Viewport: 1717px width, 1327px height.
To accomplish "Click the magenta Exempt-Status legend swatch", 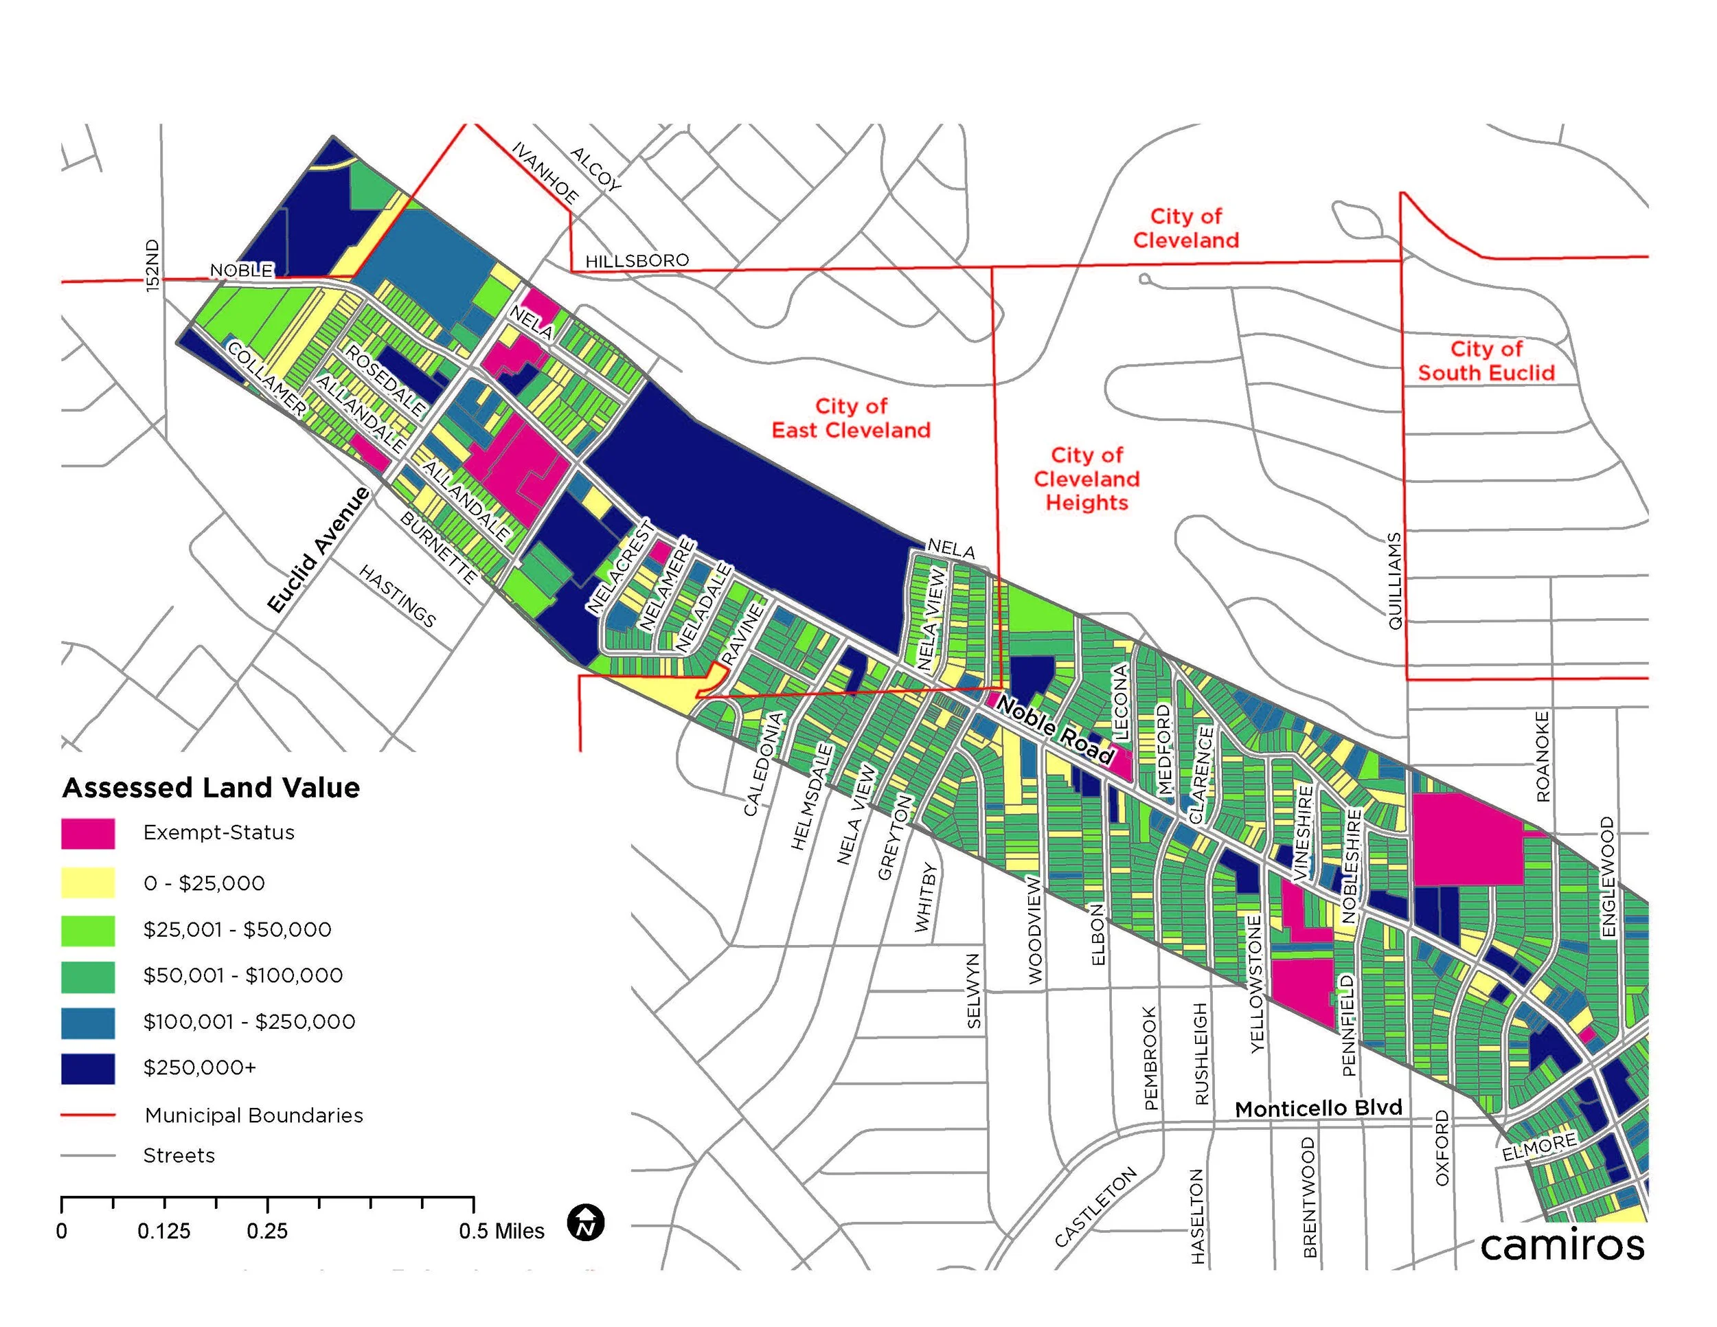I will click(88, 833).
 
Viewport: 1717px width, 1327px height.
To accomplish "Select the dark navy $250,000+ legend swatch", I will click(88, 1068).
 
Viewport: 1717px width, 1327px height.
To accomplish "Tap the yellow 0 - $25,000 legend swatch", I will click(88, 883).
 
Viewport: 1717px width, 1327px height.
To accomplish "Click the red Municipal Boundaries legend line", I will click(88, 1115).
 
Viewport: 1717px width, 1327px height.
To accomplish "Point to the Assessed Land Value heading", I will click(211, 788).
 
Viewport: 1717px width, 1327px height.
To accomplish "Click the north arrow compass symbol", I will click(586, 1223).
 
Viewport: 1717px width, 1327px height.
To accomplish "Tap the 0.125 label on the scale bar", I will click(163, 1231).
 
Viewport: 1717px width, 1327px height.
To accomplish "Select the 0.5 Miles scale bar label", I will click(501, 1231).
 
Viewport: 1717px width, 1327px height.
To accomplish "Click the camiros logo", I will click(1562, 1245).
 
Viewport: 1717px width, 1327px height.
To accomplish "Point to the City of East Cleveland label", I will click(851, 418).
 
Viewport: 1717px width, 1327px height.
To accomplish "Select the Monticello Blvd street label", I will click(1319, 1109).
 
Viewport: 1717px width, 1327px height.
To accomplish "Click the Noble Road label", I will click(1056, 731).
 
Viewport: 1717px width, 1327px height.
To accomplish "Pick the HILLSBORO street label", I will click(637, 260).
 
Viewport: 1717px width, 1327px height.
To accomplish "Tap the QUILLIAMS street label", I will click(1395, 581).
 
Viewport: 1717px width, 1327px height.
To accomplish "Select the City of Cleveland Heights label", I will click(1087, 479).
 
